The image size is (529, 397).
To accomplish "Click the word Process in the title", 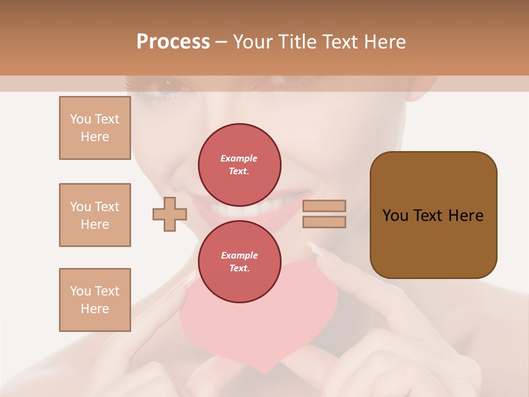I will (x=173, y=42).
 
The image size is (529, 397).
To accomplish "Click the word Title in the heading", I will (x=298, y=42).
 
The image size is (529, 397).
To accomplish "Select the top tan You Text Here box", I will (x=95, y=128).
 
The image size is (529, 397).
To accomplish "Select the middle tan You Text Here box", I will (x=95, y=215).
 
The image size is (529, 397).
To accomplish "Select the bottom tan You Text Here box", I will (x=95, y=300).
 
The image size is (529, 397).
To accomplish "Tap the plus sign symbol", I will (x=170, y=214).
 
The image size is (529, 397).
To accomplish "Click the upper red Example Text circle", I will (x=240, y=165).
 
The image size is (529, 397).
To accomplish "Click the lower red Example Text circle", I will (x=240, y=262).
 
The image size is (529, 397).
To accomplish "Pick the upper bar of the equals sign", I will (x=324, y=206).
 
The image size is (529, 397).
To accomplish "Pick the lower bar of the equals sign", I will (x=324, y=222).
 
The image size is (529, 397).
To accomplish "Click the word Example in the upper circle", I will (x=239, y=158).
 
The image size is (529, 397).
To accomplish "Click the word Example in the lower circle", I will (x=239, y=255).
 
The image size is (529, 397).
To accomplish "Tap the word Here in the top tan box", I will (x=95, y=137).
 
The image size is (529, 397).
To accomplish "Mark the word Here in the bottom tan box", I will (x=95, y=309).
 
